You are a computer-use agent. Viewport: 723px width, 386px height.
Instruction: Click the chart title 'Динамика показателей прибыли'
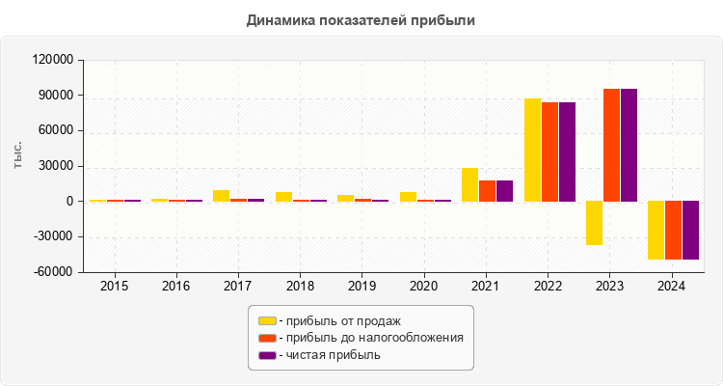click(361, 19)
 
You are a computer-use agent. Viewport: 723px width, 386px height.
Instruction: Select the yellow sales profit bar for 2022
click(532, 150)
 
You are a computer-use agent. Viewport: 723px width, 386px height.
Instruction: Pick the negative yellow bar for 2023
click(594, 223)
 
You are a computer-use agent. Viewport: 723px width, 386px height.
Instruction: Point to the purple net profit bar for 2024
click(690, 230)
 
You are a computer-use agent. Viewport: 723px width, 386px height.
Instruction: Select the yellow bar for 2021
click(469, 184)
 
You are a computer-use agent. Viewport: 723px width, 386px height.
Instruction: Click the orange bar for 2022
click(549, 152)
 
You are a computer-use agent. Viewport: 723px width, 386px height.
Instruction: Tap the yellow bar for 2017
click(221, 196)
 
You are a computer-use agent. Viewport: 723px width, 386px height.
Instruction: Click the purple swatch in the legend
click(267, 355)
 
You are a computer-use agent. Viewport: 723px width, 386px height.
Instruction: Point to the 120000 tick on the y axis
click(53, 60)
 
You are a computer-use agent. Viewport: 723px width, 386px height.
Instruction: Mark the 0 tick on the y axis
click(69, 202)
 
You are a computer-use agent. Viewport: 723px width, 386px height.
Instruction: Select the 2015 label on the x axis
click(115, 287)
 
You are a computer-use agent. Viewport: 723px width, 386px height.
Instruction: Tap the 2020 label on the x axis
click(425, 287)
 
